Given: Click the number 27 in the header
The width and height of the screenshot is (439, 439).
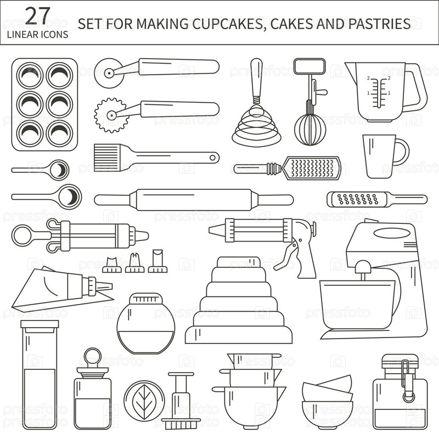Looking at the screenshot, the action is (x=37, y=16).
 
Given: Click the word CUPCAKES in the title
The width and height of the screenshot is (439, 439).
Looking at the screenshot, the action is (x=228, y=24).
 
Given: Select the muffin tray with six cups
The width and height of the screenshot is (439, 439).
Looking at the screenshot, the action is (x=44, y=104).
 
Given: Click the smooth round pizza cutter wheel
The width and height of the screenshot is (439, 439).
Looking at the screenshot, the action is (x=109, y=73).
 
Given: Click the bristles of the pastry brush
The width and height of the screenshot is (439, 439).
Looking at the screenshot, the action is (x=106, y=157).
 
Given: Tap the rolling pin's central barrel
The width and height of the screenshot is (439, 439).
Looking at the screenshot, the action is (x=194, y=200).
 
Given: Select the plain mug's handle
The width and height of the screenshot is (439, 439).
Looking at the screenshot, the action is (x=402, y=152).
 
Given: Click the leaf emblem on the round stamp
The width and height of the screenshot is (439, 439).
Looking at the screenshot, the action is (x=144, y=402).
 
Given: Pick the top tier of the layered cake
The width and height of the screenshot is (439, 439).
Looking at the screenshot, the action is (x=239, y=262).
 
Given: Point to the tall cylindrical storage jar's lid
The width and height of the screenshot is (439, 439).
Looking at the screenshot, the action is (x=40, y=325).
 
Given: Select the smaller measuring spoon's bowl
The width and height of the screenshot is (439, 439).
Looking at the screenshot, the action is (x=59, y=170).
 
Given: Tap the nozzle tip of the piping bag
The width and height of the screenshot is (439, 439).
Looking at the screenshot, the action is (x=105, y=286).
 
